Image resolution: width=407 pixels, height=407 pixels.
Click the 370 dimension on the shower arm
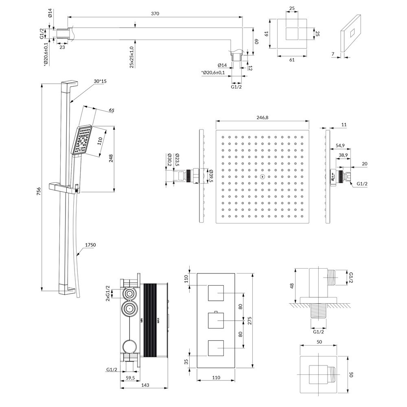pos(154,13)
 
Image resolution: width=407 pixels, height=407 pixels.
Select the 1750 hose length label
pos(90,245)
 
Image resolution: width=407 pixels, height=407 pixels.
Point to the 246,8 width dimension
pos(263,117)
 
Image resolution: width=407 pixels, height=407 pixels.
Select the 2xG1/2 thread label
pos(108,293)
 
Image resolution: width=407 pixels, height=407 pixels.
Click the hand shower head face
pos(83,140)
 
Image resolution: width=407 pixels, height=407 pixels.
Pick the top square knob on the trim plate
pos(217,294)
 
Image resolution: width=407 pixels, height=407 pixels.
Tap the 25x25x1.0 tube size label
pos(132,57)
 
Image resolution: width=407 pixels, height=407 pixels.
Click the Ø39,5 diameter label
pos(211,177)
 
